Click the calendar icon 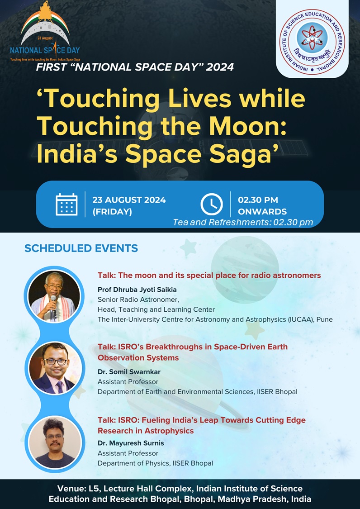point(66,205)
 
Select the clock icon point(211,204)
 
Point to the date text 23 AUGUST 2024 point(129,200)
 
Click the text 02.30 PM point(258,200)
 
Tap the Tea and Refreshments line point(243,222)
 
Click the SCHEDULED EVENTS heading point(81,248)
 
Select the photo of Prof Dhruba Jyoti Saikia point(54,296)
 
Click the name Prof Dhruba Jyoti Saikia point(137,289)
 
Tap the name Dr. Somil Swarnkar point(129,372)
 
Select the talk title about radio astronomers point(209,275)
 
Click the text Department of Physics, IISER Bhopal point(155,463)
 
